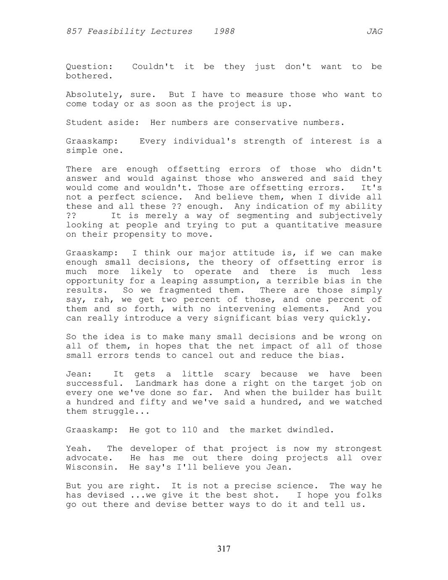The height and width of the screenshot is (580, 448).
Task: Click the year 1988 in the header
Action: [224, 32]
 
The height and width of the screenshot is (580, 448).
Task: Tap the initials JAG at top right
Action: [374, 32]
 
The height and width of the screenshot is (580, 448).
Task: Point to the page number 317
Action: [224, 549]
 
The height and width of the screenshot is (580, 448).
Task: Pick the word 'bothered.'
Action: [90, 76]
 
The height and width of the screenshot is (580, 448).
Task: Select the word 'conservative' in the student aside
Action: [266, 123]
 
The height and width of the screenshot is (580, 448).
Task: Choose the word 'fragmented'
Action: [185, 290]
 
